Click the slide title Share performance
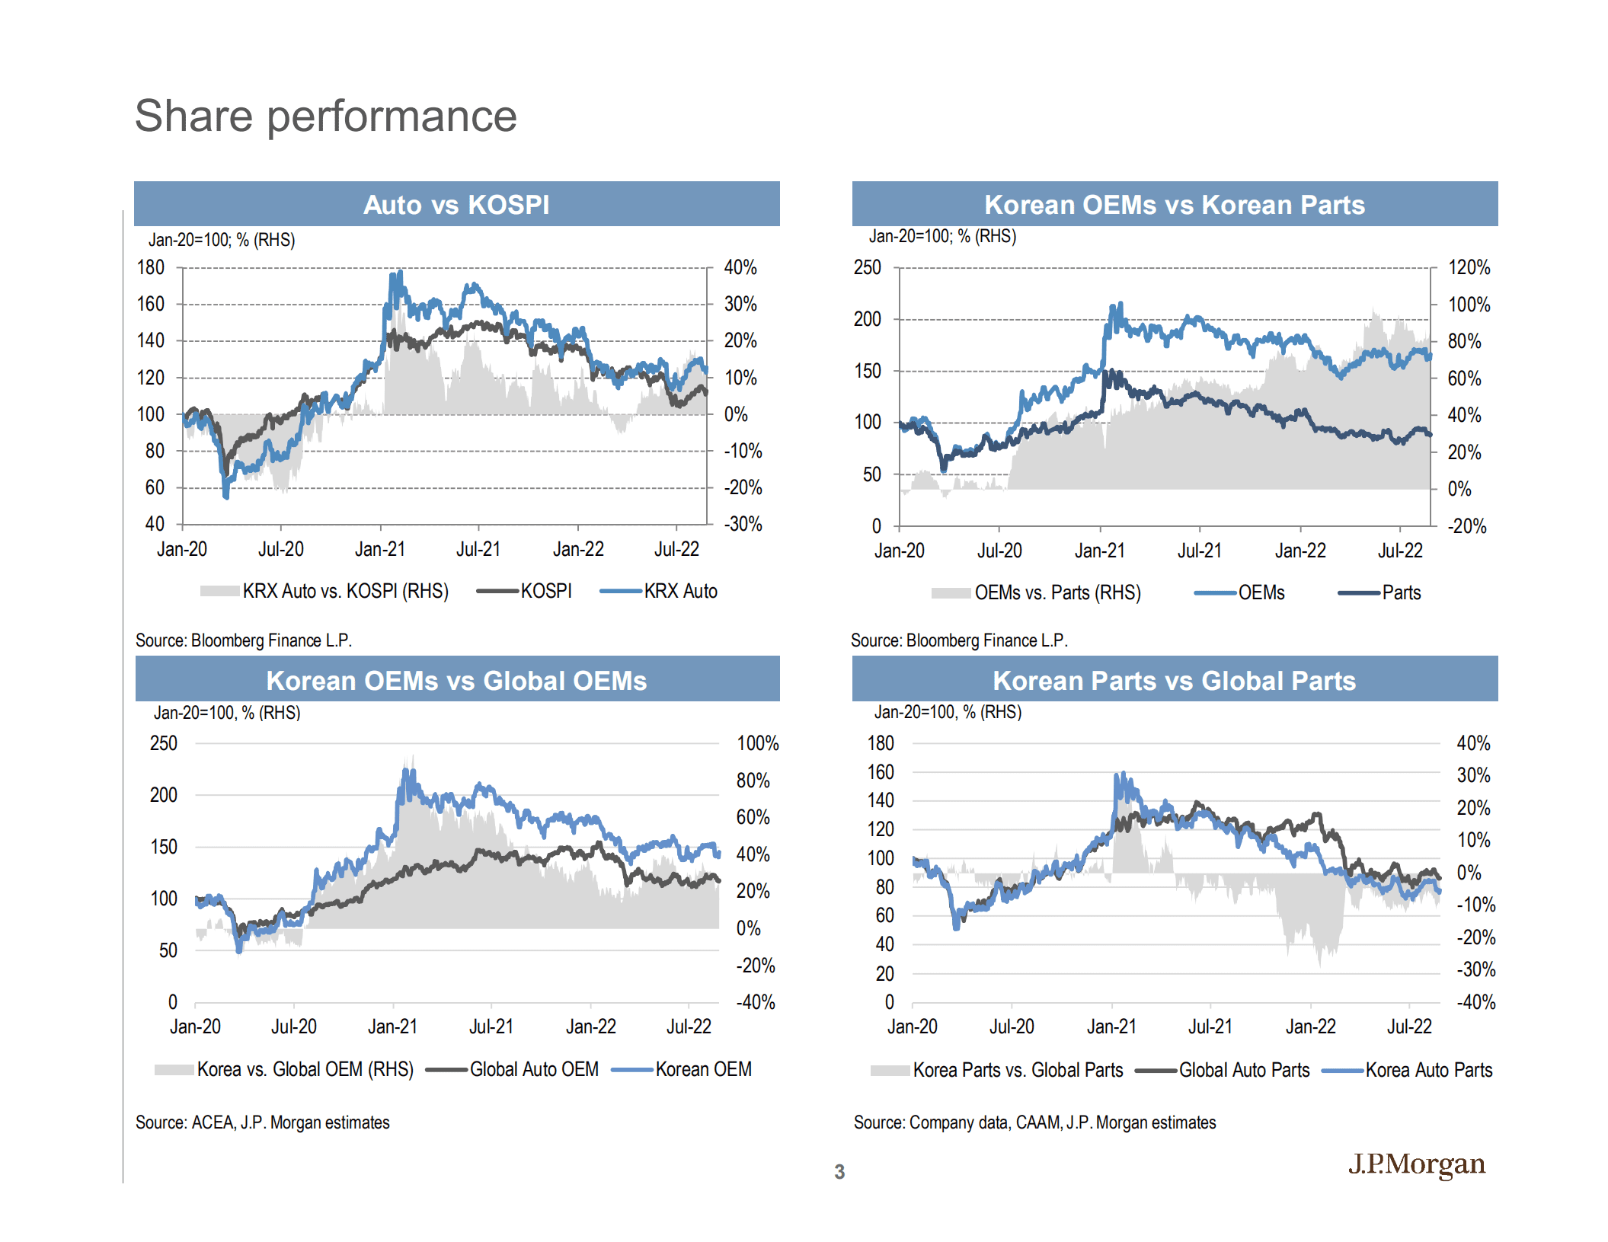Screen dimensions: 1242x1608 click(x=325, y=116)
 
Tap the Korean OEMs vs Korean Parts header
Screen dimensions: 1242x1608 click(x=1174, y=204)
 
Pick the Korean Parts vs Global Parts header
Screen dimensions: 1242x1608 click(x=1174, y=680)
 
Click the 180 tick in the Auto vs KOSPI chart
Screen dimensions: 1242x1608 click(x=150, y=267)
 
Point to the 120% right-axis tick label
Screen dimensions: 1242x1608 click(x=1468, y=267)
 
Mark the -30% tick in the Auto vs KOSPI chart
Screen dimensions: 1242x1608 click(x=742, y=524)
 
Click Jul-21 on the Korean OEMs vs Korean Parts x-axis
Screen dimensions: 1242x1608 click(x=1199, y=551)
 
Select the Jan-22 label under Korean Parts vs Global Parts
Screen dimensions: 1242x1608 click(x=1309, y=1026)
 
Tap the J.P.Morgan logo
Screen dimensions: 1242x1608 click(x=1416, y=1164)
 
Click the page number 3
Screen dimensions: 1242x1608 click(x=839, y=1171)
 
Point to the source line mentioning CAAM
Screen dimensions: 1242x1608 click(x=1034, y=1122)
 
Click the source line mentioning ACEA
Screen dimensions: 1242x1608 click(x=262, y=1122)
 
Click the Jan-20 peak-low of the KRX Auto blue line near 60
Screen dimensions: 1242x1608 click(x=225, y=496)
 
